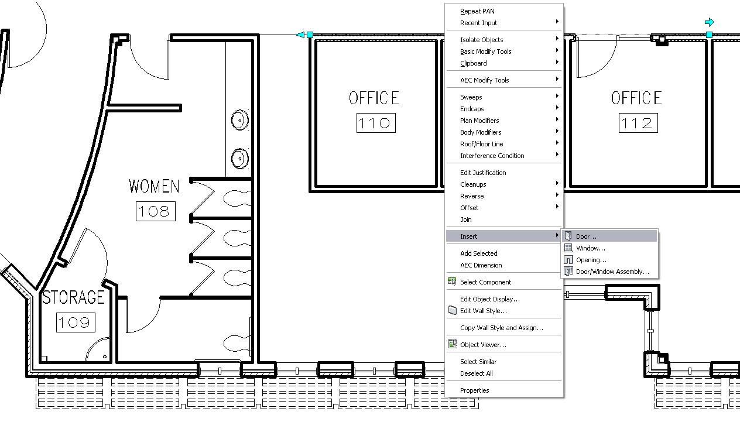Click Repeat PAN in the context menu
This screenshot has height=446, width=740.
tap(477, 11)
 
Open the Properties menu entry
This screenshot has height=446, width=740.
tap(474, 390)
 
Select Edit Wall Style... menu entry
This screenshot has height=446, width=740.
tap(484, 311)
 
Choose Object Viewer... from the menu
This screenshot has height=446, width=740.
tap(483, 345)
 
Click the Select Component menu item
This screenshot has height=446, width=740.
tap(485, 282)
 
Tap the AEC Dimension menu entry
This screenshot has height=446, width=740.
tap(481, 265)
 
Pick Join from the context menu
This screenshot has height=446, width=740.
tap(466, 219)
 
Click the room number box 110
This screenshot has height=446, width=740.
tap(376, 123)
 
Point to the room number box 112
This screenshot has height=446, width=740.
tap(638, 123)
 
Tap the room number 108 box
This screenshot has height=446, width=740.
tap(156, 211)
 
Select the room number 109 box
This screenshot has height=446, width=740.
tap(76, 322)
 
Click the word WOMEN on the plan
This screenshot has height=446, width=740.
tap(154, 186)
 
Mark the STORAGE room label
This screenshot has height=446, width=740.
tap(74, 297)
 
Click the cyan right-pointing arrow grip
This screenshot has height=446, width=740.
tap(710, 22)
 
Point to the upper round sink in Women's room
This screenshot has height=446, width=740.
tap(240, 120)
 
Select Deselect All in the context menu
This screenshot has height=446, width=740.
tap(476, 373)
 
